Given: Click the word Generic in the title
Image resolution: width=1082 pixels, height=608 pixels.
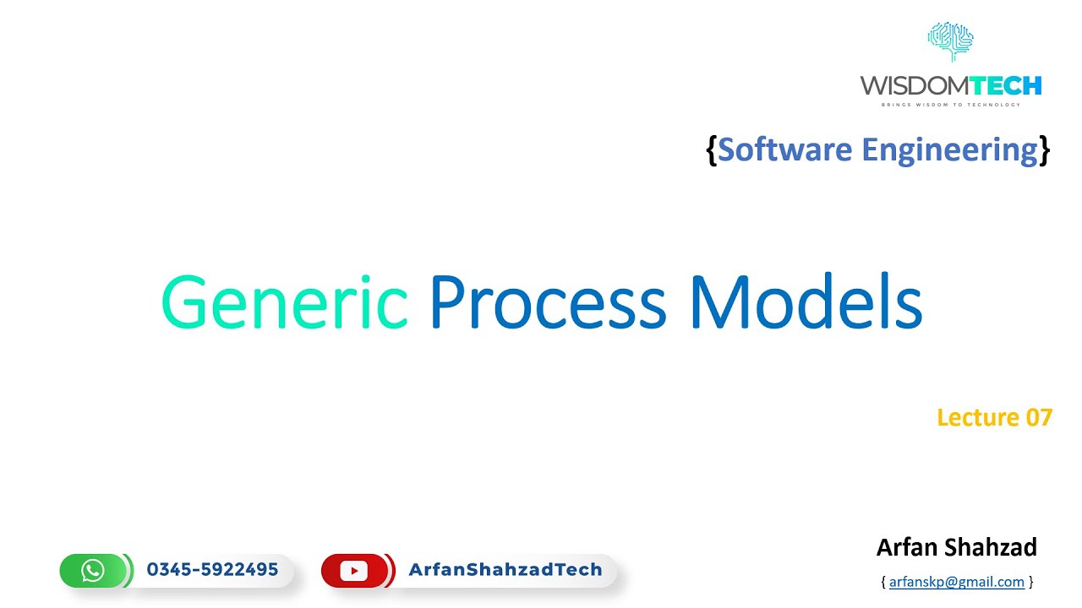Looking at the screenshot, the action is [285, 301].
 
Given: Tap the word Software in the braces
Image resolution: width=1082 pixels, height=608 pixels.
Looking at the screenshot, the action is [785, 149].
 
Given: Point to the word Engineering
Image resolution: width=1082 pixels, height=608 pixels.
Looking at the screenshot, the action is [950, 151].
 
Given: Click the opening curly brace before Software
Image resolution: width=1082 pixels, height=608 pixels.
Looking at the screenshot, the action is [712, 151].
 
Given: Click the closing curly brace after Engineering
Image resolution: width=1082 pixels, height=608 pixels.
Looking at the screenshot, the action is [1044, 151].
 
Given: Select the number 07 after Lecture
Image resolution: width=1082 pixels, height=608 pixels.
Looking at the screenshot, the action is [1039, 417].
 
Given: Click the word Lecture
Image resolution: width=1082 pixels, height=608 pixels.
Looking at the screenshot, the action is [978, 417].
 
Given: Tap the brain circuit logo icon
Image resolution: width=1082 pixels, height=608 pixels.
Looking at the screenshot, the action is [951, 42].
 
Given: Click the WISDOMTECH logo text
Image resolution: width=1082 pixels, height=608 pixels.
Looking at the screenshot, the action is [951, 86].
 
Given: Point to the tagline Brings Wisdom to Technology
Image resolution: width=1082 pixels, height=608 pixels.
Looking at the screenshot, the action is [951, 105].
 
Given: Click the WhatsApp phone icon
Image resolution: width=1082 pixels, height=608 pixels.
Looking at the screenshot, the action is [93, 570].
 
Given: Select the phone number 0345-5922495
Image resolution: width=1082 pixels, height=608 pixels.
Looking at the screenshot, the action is [212, 569].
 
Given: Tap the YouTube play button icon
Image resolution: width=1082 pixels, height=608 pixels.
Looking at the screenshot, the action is [353, 571].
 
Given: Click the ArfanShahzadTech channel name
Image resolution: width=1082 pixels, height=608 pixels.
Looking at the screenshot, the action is [505, 569].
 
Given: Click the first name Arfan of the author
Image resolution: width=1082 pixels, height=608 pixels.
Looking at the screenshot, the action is [906, 547].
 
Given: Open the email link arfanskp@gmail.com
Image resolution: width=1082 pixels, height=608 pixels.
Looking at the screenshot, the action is [956, 582].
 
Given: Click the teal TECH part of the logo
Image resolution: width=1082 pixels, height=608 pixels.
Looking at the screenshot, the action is [1007, 86].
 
